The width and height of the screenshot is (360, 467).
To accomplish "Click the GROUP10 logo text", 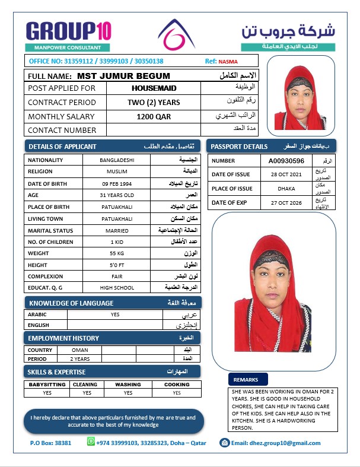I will point(68,31).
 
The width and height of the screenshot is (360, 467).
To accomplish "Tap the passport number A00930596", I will point(286,161).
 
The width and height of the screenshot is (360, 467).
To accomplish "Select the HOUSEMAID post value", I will point(154,88).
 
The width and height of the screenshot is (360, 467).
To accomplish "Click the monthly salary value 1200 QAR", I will point(154,116).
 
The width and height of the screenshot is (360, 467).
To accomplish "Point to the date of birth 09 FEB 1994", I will point(117,183).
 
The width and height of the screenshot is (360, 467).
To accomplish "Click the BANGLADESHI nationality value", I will point(117,160).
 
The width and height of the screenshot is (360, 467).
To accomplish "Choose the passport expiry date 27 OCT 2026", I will point(286,202).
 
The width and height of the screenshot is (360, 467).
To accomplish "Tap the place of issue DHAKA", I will point(286,189).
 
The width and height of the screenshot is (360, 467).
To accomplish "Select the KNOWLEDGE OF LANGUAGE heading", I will point(71,303).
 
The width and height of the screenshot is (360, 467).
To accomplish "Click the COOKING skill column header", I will point(177,385).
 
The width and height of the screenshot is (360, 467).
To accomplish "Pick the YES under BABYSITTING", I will point(47,393).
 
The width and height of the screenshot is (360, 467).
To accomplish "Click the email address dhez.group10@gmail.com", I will point(275,443).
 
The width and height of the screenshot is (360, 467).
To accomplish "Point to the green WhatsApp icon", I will point(91,442).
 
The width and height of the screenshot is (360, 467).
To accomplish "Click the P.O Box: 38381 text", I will point(50,443).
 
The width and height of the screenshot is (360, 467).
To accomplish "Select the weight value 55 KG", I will point(117,253).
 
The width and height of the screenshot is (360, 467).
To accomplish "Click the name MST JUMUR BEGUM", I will point(123,76).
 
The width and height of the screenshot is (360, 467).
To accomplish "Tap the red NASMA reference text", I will point(227,61).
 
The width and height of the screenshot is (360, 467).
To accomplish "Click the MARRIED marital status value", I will point(117,230).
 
